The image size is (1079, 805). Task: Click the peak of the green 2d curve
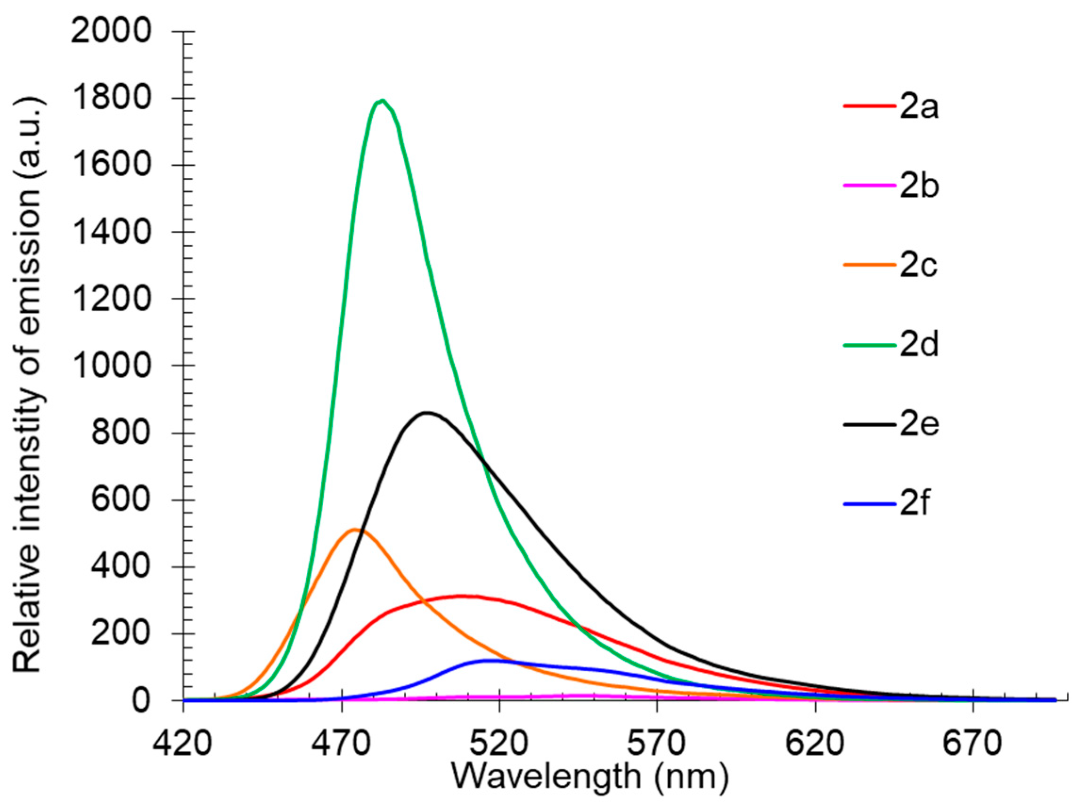(x=383, y=101)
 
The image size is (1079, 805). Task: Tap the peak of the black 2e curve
(x=427, y=413)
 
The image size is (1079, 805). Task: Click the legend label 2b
(x=919, y=186)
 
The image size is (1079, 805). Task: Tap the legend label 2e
(x=919, y=424)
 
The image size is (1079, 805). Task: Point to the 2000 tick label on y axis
(x=111, y=32)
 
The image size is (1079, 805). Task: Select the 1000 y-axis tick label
(x=111, y=366)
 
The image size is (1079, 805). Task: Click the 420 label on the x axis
(x=183, y=744)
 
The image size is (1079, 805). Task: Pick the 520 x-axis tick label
(x=499, y=744)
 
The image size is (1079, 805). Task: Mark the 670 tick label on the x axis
(x=973, y=744)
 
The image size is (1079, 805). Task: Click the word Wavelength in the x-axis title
(x=546, y=777)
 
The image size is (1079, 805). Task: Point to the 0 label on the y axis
(x=141, y=701)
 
